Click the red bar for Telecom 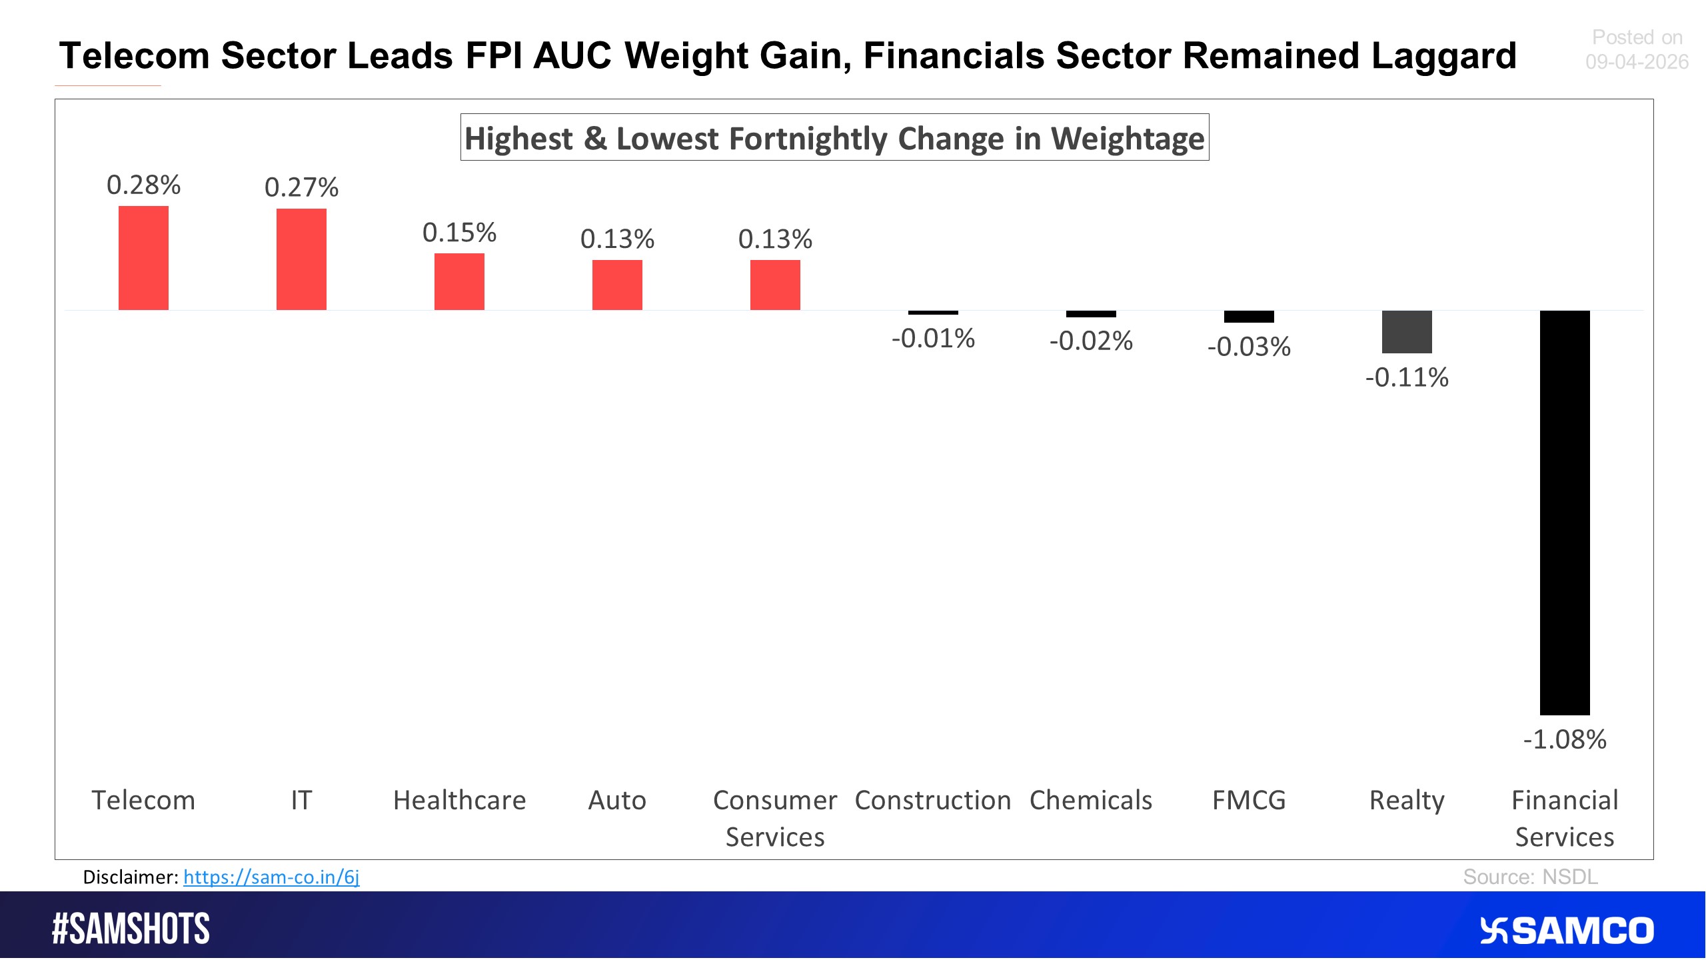[143, 258]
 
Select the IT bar [301, 259]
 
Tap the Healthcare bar [459, 281]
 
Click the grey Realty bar [1406, 331]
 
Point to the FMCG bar [1248, 317]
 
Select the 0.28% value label [143, 185]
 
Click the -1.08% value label [1564, 739]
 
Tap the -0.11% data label [1406, 377]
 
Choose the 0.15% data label [459, 233]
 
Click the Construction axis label [932, 800]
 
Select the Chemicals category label [1090, 800]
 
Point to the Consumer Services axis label [775, 818]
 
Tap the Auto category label [617, 800]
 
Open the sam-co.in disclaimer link [271, 877]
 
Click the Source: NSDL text [1530, 877]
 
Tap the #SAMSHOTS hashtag [131, 929]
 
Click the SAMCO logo [1566, 931]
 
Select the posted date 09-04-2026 [1636, 62]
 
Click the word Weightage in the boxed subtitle [1128, 139]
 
